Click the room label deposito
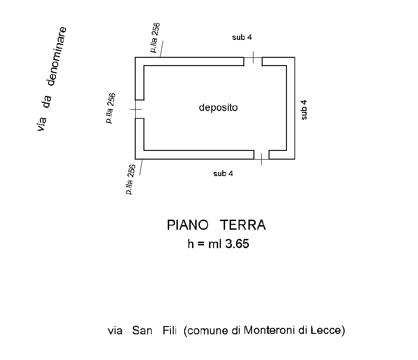(218, 108)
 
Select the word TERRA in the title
(243, 226)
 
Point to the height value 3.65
(236, 244)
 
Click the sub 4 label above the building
(242, 38)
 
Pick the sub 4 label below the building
(223, 173)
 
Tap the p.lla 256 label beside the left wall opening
(110, 108)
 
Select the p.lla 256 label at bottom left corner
(130, 179)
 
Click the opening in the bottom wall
(261, 155)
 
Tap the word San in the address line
(142, 331)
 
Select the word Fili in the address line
(170, 331)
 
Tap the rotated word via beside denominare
(42, 124)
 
